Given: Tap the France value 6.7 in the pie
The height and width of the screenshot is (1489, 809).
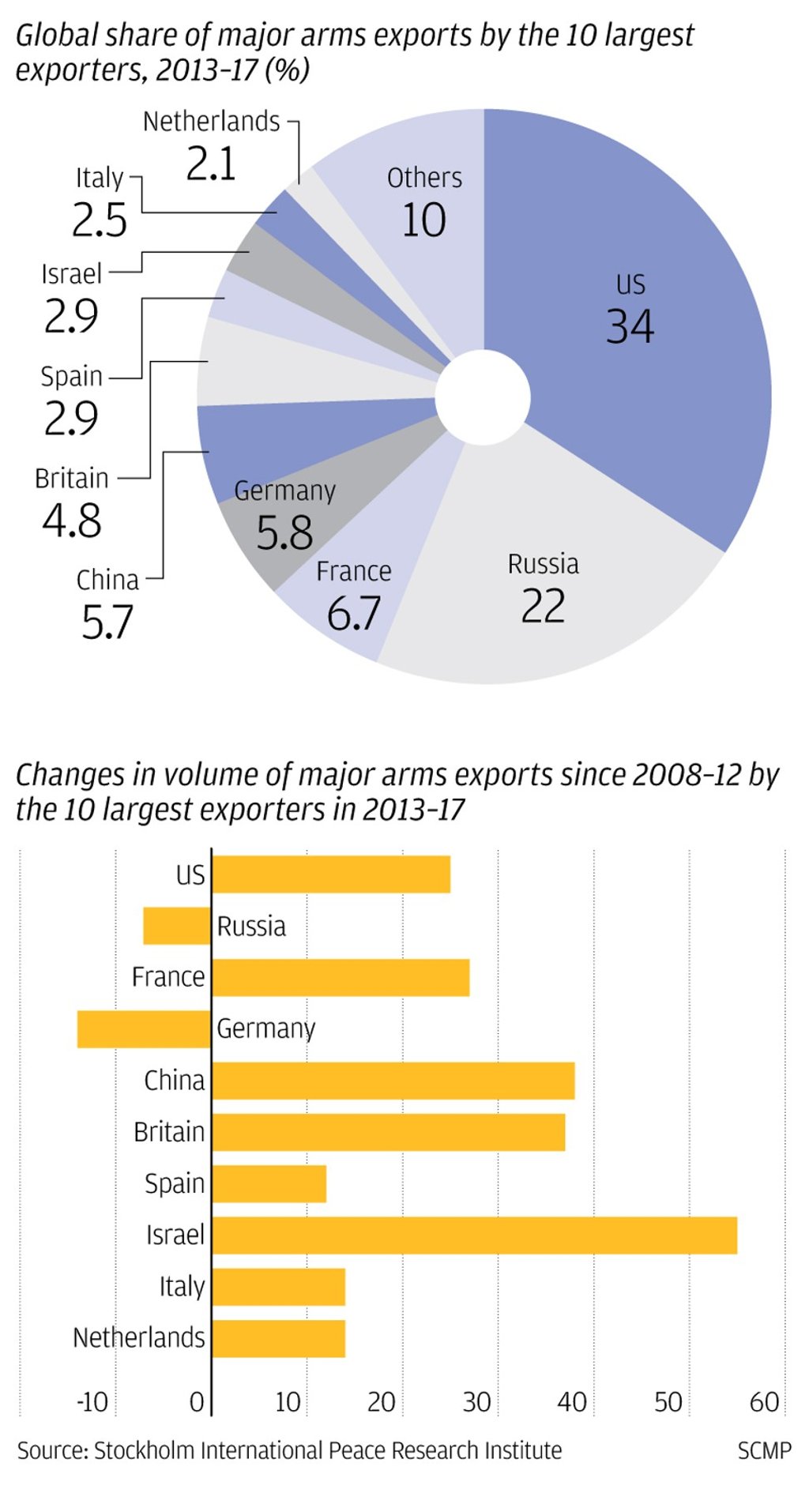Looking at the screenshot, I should pyautogui.click(x=354, y=613).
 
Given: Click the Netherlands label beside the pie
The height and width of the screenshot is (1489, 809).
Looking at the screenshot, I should pyautogui.click(x=211, y=122).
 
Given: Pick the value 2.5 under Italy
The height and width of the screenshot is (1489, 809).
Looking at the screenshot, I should pyautogui.click(x=100, y=220).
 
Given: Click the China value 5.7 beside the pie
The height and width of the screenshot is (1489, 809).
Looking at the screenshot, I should pyautogui.click(x=107, y=622).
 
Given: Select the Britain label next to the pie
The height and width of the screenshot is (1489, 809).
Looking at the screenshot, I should pyautogui.click(x=72, y=479).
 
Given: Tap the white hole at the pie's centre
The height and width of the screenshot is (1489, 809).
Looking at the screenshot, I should pyautogui.click(x=483, y=397).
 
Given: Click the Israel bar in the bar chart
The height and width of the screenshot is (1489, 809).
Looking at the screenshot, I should pyautogui.click(x=474, y=1235).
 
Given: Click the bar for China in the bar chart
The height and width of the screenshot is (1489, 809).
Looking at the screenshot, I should pyautogui.click(x=393, y=1081).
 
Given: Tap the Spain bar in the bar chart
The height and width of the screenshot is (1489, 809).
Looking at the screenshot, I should pyautogui.click(x=269, y=1183).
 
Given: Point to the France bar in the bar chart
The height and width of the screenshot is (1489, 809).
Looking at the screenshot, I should pyautogui.click(x=341, y=978).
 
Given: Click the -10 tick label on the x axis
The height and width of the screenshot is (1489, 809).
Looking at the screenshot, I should pyautogui.click(x=92, y=1402).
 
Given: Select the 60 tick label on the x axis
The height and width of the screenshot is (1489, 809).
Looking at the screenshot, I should pyautogui.click(x=764, y=1402).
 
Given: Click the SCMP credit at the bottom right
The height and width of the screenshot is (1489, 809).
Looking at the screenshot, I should pyautogui.click(x=764, y=1451).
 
